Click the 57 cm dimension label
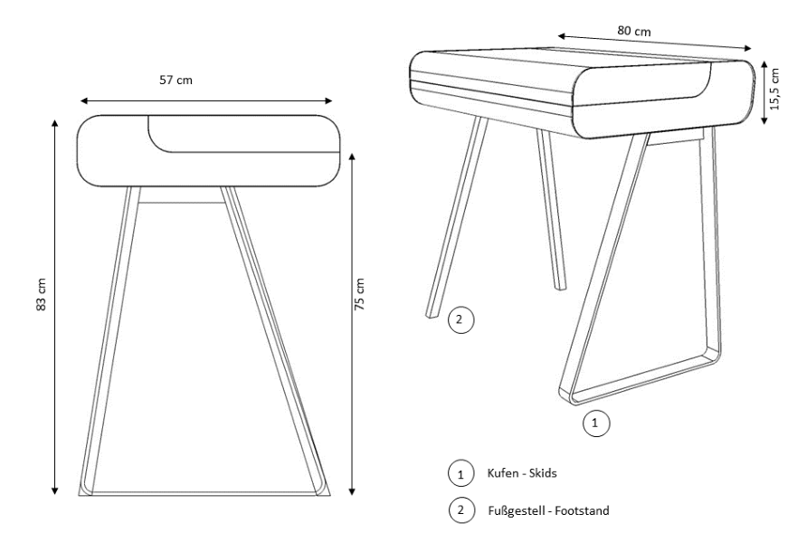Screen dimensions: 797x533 click(x=176, y=80)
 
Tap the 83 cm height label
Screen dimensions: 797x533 click(x=42, y=294)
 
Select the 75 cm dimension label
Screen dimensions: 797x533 click(x=359, y=294)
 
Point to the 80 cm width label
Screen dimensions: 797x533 click(x=634, y=31)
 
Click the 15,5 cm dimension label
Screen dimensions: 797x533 click(x=774, y=89)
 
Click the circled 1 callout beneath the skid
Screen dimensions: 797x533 click(x=595, y=423)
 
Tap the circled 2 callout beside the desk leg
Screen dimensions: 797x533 click(x=460, y=319)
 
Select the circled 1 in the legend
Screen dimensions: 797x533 click(x=460, y=473)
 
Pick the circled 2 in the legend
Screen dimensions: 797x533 click(x=461, y=509)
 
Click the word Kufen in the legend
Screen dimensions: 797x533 click(x=503, y=473)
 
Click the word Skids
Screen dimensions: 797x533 click(x=543, y=473)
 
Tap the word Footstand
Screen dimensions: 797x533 click(x=582, y=510)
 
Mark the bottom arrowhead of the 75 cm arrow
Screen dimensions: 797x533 click(x=352, y=491)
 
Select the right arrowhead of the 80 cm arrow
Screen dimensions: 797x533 click(x=747, y=48)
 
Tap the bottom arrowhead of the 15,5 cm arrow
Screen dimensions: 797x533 click(x=764, y=120)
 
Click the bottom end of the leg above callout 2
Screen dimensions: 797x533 click(x=431, y=315)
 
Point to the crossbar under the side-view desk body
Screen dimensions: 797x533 click(x=181, y=203)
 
